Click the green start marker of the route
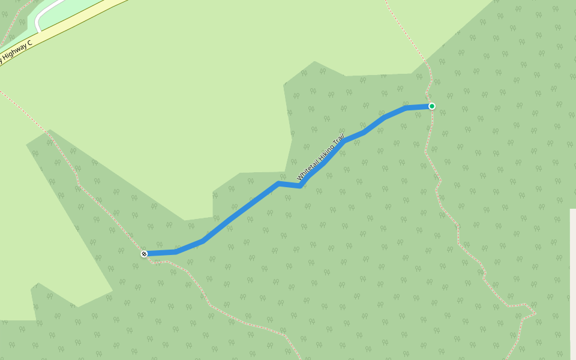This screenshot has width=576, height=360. click(x=431, y=106)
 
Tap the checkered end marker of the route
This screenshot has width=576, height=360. click(x=144, y=254)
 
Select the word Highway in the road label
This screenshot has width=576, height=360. click(x=14, y=53)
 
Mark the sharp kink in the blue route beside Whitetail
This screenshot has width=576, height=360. click(x=300, y=186)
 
